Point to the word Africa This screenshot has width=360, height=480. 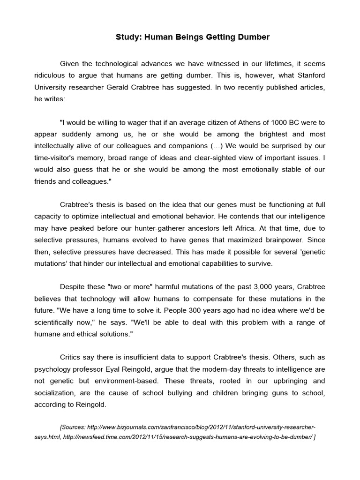(x=237, y=228)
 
